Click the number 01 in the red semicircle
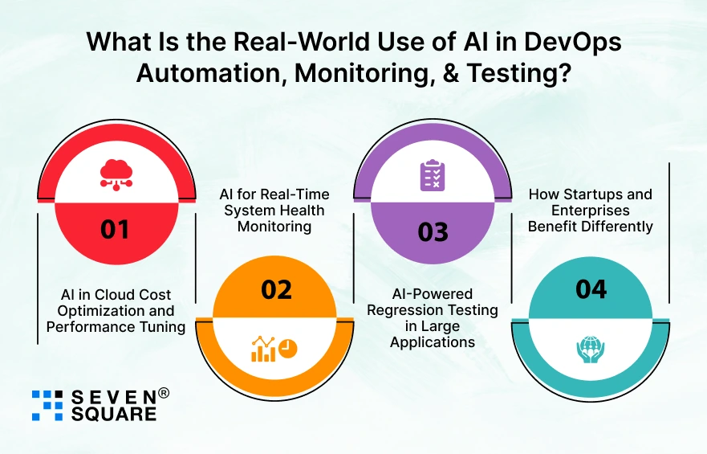(115, 229)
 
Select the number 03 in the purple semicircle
(433, 231)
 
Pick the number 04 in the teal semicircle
(591, 288)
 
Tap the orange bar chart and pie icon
(274, 348)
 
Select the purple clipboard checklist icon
(433, 175)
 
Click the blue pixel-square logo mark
(47, 405)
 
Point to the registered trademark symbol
(164, 393)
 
